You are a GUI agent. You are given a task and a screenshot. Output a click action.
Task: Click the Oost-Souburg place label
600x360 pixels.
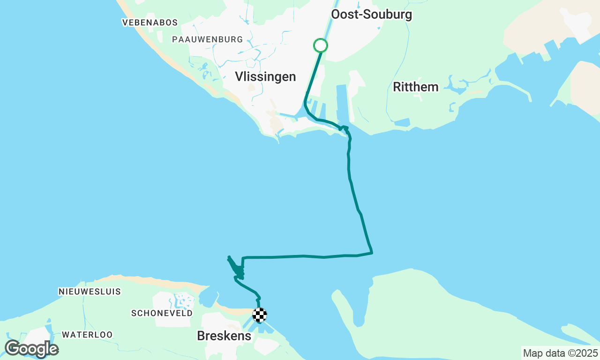tap(371, 14)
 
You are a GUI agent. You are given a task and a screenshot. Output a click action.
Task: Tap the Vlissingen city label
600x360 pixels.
tap(265, 76)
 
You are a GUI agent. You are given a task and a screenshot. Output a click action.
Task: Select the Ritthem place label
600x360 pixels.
tap(416, 87)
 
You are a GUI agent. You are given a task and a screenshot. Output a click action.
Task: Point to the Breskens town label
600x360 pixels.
tap(224, 336)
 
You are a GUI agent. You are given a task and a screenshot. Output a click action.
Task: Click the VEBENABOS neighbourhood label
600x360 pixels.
tap(150, 22)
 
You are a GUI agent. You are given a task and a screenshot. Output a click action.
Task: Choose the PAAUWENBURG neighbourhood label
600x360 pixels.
tap(207, 39)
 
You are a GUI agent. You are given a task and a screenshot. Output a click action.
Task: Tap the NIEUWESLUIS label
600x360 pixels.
tap(90, 292)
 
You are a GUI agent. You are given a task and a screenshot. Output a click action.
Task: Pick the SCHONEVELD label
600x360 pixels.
tap(162, 313)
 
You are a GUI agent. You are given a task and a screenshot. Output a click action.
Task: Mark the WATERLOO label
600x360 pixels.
tap(87, 335)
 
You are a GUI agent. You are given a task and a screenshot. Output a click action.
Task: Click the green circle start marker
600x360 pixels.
tap(320, 45)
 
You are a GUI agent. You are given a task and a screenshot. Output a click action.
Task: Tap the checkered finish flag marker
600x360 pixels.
tap(260, 315)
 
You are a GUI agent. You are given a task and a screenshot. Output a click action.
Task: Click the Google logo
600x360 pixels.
tap(31, 349)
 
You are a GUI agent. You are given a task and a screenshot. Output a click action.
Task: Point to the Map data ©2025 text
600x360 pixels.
tap(560, 353)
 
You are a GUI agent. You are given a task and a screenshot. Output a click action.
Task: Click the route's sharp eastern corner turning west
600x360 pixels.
tap(372, 253)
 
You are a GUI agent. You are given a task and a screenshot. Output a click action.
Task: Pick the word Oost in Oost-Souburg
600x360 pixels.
tap(343, 14)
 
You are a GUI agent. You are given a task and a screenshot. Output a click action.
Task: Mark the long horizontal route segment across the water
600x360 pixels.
tap(305, 256)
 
